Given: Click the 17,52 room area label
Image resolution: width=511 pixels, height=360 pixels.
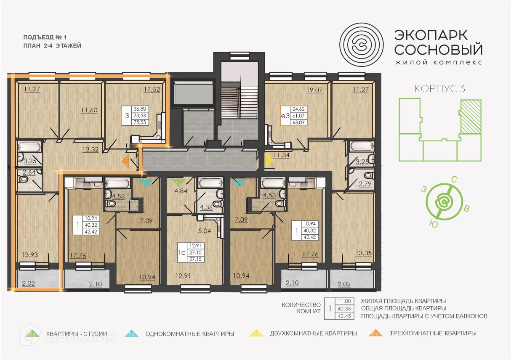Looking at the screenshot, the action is pos(152,90).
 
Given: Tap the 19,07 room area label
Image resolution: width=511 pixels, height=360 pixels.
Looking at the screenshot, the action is pos(314,90).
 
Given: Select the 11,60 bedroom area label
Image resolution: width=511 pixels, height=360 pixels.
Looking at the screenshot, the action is pos(89,110).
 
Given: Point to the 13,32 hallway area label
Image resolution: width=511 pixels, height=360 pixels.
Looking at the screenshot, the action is pos(90,150).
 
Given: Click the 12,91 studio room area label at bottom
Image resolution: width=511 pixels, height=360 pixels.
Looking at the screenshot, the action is pos(184,276).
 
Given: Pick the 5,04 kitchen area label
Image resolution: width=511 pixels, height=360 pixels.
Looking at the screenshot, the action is pos(205,231).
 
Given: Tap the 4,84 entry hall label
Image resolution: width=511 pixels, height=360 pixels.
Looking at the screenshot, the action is pos(181,191).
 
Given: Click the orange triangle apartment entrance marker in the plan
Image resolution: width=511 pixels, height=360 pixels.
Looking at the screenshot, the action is pos(125,161).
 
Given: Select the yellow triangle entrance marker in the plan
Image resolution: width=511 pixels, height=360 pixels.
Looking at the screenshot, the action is pos(269,160).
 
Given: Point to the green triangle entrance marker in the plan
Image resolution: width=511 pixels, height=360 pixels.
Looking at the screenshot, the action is pos(178,182).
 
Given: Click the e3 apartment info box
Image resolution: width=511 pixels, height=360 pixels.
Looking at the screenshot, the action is pos(294,116).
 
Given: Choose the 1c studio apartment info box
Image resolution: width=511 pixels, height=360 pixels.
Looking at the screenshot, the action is pos(191,253).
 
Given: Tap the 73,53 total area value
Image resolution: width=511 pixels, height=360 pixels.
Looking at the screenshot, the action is pos(140,116).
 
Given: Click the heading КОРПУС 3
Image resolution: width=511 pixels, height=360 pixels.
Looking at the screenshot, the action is pos(439,89).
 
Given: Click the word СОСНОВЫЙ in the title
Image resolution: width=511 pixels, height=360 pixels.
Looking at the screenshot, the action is pos(438,49).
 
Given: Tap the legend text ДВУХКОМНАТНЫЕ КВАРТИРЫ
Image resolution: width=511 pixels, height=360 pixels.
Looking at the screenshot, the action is pos(314,334).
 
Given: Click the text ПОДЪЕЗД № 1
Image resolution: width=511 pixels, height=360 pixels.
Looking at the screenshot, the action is pos(45,37).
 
